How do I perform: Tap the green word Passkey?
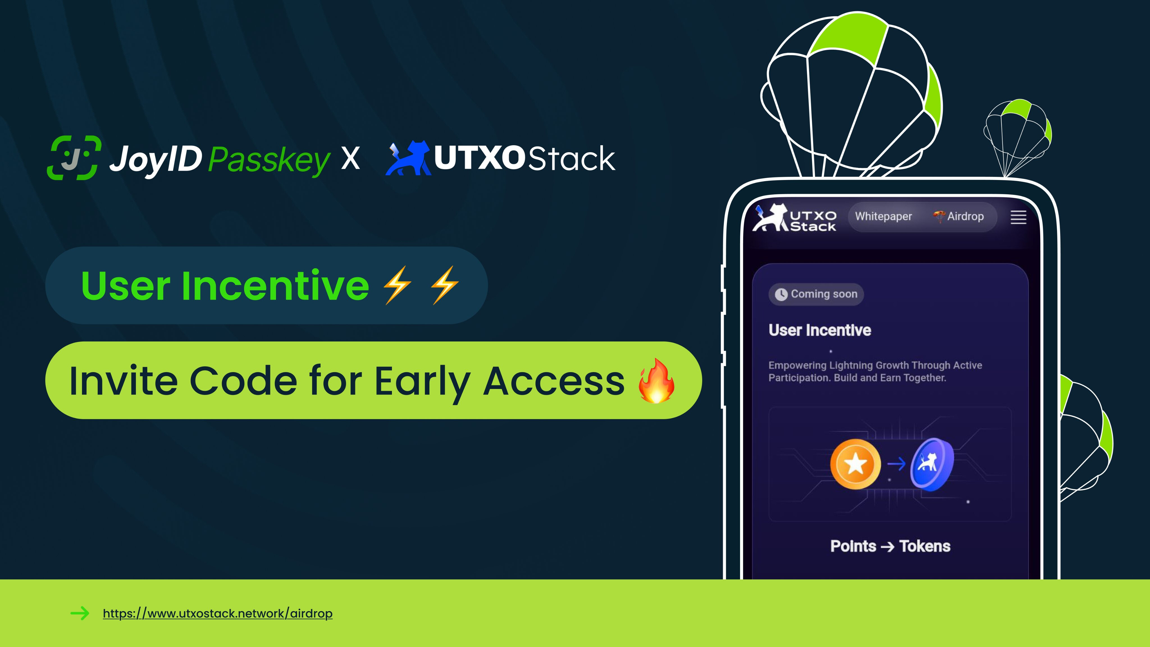269,160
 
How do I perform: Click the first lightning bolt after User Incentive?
397,285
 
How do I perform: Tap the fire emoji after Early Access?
656,381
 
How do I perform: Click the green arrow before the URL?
80,613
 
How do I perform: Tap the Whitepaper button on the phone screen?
884,217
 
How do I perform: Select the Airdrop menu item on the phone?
959,217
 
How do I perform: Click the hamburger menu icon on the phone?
1018,217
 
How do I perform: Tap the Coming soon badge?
816,294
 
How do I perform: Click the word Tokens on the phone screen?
925,546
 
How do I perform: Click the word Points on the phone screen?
853,546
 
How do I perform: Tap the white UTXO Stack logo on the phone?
794,218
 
